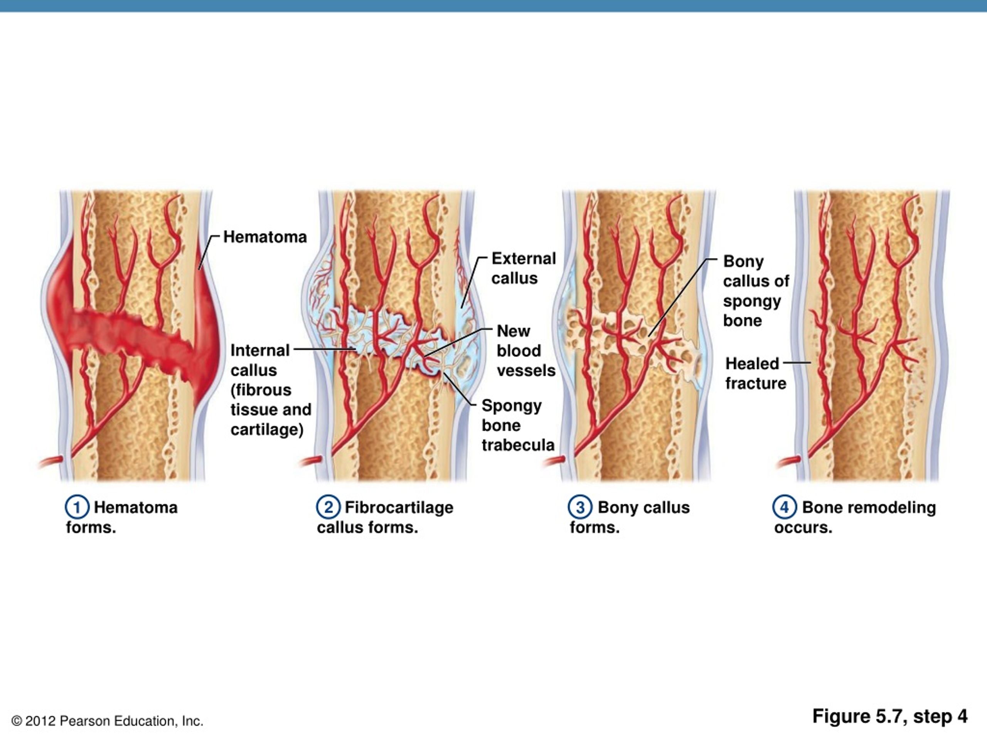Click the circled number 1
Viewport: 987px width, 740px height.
point(77,507)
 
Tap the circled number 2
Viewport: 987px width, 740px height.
point(328,507)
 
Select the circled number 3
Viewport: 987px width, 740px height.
point(579,507)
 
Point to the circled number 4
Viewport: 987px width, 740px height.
point(784,507)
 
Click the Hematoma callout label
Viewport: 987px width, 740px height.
point(264,237)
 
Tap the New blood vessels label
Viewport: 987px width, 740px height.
point(526,351)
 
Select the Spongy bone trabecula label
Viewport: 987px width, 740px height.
point(517,425)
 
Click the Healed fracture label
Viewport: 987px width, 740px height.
point(755,373)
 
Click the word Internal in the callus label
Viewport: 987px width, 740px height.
point(260,351)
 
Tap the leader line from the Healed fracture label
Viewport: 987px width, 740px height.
point(797,363)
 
